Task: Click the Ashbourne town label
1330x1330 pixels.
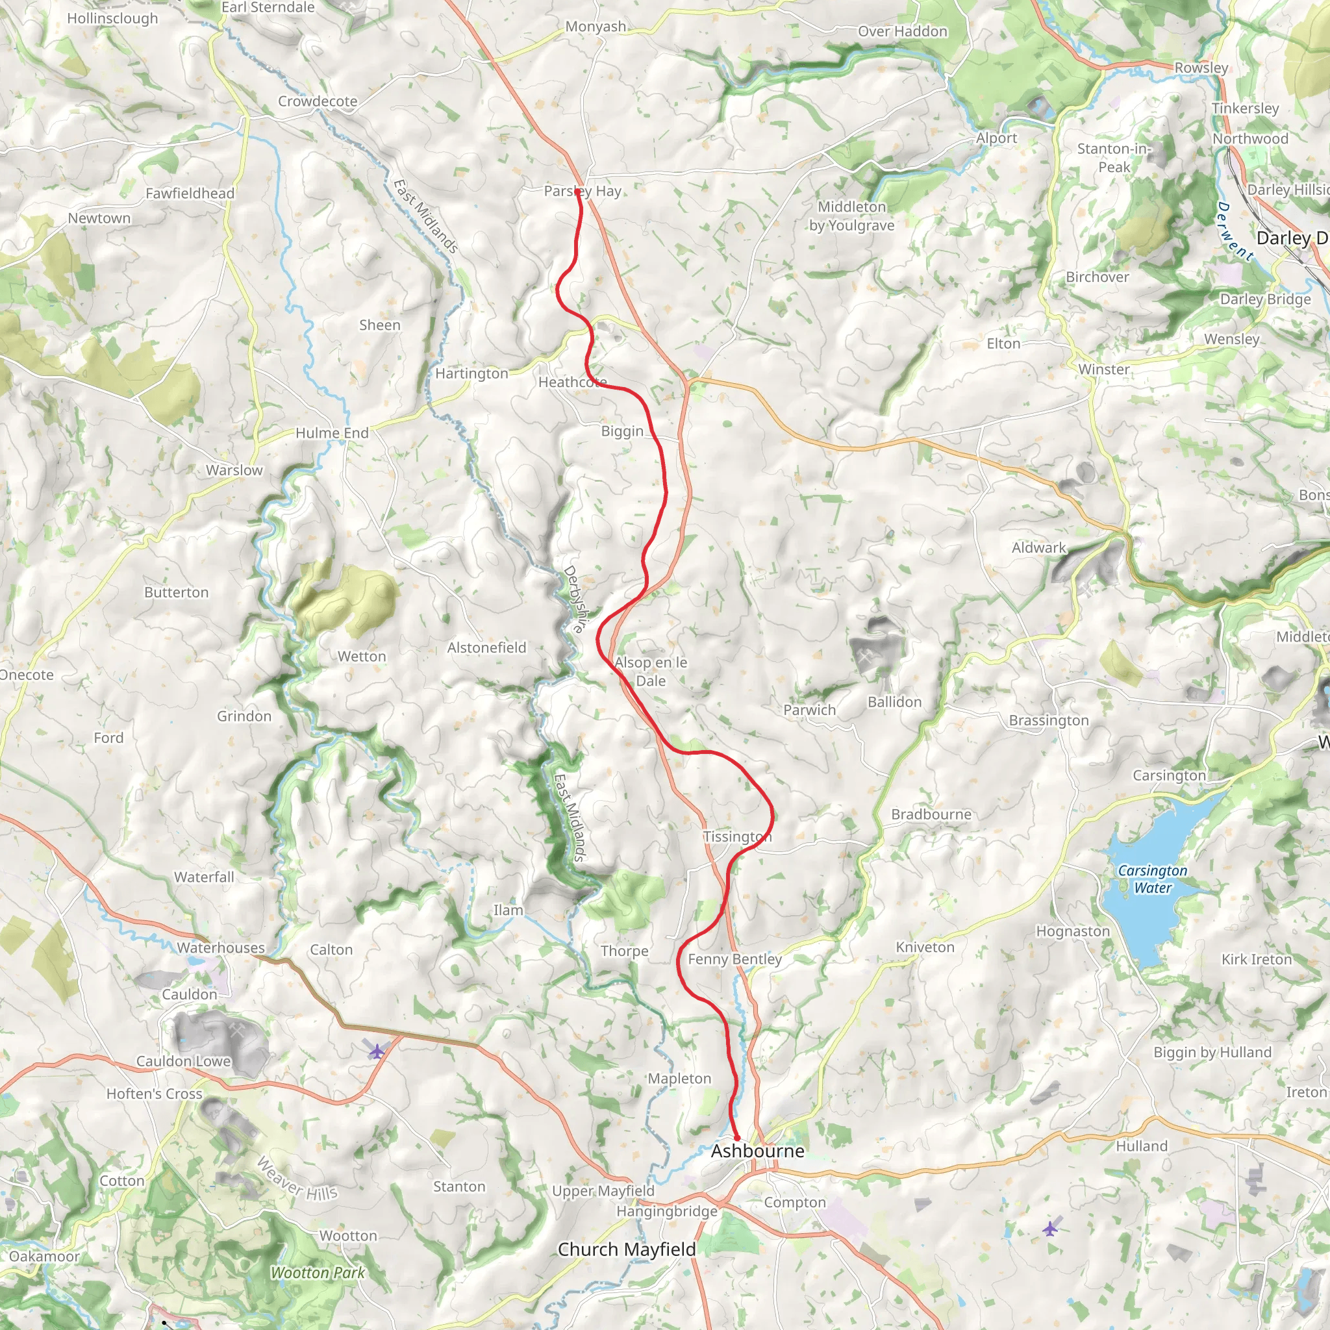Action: point(757,1151)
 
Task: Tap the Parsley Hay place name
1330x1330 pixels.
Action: point(583,191)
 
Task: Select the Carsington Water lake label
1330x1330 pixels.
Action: point(1153,879)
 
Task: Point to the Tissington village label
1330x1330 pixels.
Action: point(736,836)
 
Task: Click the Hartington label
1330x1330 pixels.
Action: point(471,373)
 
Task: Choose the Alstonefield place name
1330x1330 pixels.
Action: point(486,647)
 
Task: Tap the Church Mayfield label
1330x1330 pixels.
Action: point(627,1249)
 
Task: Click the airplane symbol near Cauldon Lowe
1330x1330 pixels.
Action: point(377,1051)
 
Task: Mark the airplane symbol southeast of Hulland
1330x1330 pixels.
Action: point(1049,1228)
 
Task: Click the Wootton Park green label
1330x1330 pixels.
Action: point(318,1272)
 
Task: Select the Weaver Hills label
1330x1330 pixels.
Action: point(297,1179)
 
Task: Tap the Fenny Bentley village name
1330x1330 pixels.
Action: point(734,959)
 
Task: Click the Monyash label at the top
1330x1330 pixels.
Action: point(596,26)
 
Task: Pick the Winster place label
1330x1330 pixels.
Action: point(1103,369)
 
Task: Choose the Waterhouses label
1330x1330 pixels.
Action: point(220,947)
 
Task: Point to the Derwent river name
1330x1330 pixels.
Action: point(1235,231)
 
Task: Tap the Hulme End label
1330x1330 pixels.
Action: point(332,433)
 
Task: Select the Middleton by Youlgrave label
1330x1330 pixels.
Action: point(851,216)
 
